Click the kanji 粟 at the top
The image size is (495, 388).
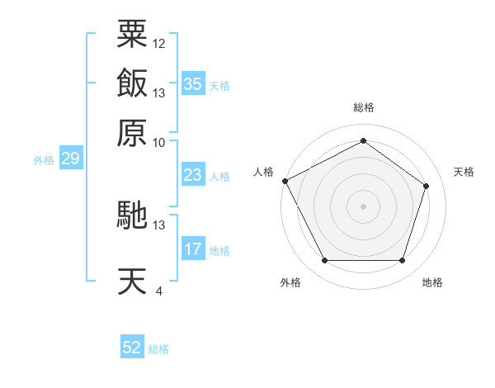[x=132, y=34]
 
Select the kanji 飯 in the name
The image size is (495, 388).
[x=132, y=83]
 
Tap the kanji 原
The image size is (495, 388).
[x=132, y=133]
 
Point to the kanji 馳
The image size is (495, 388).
[x=132, y=215]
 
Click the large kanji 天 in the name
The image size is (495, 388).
[x=132, y=281]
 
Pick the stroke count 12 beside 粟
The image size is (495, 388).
[x=158, y=44]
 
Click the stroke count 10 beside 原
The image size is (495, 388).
[x=158, y=143]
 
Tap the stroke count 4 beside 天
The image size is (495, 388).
[x=159, y=291]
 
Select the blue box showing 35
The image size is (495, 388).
[x=193, y=83]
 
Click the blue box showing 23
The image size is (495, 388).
[x=193, y=174]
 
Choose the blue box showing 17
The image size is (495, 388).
[x=193, y=248]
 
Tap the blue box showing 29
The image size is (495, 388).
[x=71, y=158]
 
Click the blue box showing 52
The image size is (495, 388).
[x=132, y=346]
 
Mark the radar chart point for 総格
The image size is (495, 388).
[x=363, y=140]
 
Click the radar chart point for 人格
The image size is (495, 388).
[x=285, y=181]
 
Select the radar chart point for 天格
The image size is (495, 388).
[x=426, y=186]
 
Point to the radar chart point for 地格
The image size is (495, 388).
[x=402, y=260]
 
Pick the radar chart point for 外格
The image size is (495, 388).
[x=325, y=260]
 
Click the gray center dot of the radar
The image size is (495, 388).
[x=363, y=206]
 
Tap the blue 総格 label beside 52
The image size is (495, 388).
[x=158, y=349]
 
